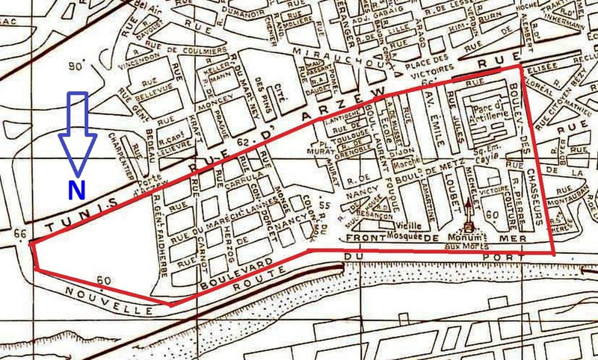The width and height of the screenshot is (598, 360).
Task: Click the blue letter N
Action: click(x=75, y=190)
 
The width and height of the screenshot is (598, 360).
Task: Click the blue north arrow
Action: click(x=78, y=131)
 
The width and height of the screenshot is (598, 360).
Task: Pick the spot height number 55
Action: click(x=324, y=205)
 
